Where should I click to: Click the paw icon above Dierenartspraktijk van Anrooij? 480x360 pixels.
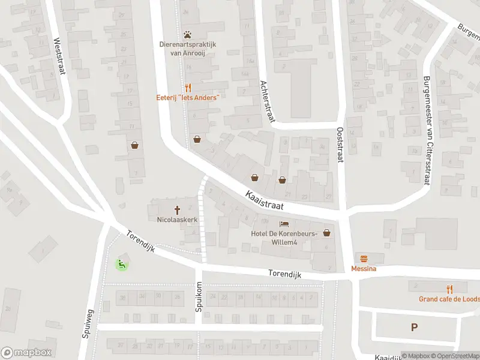[x=188, y=34]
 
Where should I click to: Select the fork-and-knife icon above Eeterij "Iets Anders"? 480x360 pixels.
[x=188, y=86]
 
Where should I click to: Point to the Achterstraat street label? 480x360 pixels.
[x=266, y=102]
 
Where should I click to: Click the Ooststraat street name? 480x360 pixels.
[x=340, y=144]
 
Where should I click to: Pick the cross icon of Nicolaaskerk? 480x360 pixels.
[x=177, y=209]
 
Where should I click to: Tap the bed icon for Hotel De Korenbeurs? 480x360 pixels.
[x=284, y=223]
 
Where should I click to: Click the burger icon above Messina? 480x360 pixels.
[x=364, y=259]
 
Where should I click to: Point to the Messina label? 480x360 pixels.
[x=364, y=269]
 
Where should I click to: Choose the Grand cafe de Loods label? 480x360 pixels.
[x=449, y=299]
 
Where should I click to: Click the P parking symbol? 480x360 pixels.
[x=413, y=327]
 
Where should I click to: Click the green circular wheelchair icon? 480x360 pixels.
[x=122, y=263]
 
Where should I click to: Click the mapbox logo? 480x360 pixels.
[x=26, y=353]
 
